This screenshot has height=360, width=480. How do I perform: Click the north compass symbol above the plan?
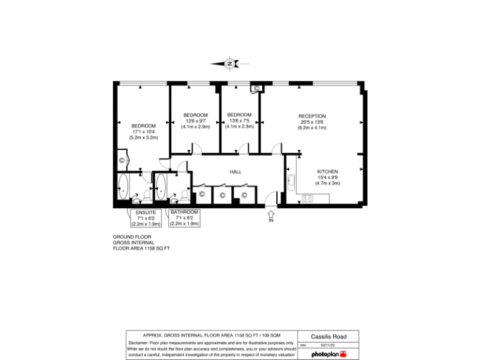tap(230, 63)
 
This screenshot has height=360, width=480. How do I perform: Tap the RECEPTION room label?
tap(312, 116)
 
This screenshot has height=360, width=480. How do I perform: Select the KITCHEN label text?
tap(327, 171)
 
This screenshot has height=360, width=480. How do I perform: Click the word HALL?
tap(236, 171)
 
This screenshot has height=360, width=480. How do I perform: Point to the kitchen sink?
tap(291, 182)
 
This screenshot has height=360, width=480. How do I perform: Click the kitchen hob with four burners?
tap(307, 199)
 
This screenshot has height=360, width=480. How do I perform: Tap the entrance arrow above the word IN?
tap(271, 213)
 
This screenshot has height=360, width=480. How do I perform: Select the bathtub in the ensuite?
tap(122, 187)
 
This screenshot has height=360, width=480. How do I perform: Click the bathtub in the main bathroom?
tap(161, 186)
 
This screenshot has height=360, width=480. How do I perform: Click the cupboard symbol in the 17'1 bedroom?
tap(122, 161)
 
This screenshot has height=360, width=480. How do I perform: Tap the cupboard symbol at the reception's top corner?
tap(256, 88)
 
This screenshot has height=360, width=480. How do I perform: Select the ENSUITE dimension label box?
tap(146, 218)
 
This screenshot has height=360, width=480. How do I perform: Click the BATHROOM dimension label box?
tap(184, 217)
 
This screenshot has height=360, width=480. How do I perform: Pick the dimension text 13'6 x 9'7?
tap(196, 121)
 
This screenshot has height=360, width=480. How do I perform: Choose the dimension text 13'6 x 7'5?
tap(239, 121)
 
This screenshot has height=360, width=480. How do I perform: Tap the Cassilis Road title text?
tap(329, 336)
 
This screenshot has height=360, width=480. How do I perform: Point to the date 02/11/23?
tap(328, 344)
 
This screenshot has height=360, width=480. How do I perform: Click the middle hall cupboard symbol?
tap(222, 196)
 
